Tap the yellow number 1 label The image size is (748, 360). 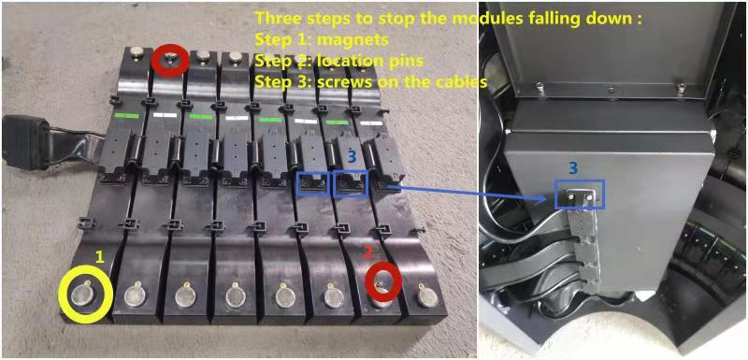(x=100, y=257)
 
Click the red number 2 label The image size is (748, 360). (x=367, y=254)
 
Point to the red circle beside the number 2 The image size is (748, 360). (x=367, y=283)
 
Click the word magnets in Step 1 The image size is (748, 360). (x=358, y=40)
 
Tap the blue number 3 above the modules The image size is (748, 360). (x=352, y=157)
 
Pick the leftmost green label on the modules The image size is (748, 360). (x=126, y=115)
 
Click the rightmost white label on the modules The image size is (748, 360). (x=371, y=123)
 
